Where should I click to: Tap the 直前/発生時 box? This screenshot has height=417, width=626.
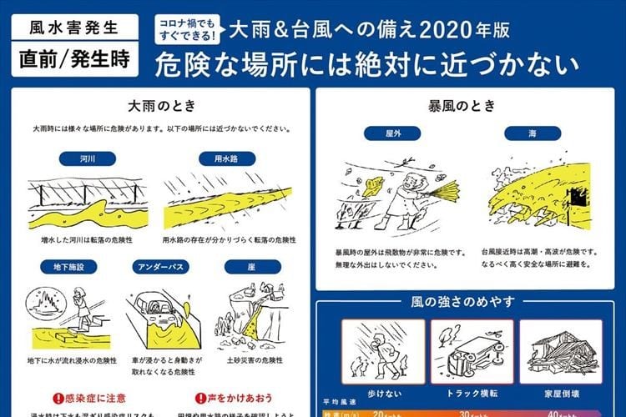(x=76, y=60)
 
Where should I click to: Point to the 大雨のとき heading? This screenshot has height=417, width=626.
(x=159, y=108)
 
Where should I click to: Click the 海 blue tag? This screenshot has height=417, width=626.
(x=532, y=133)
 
